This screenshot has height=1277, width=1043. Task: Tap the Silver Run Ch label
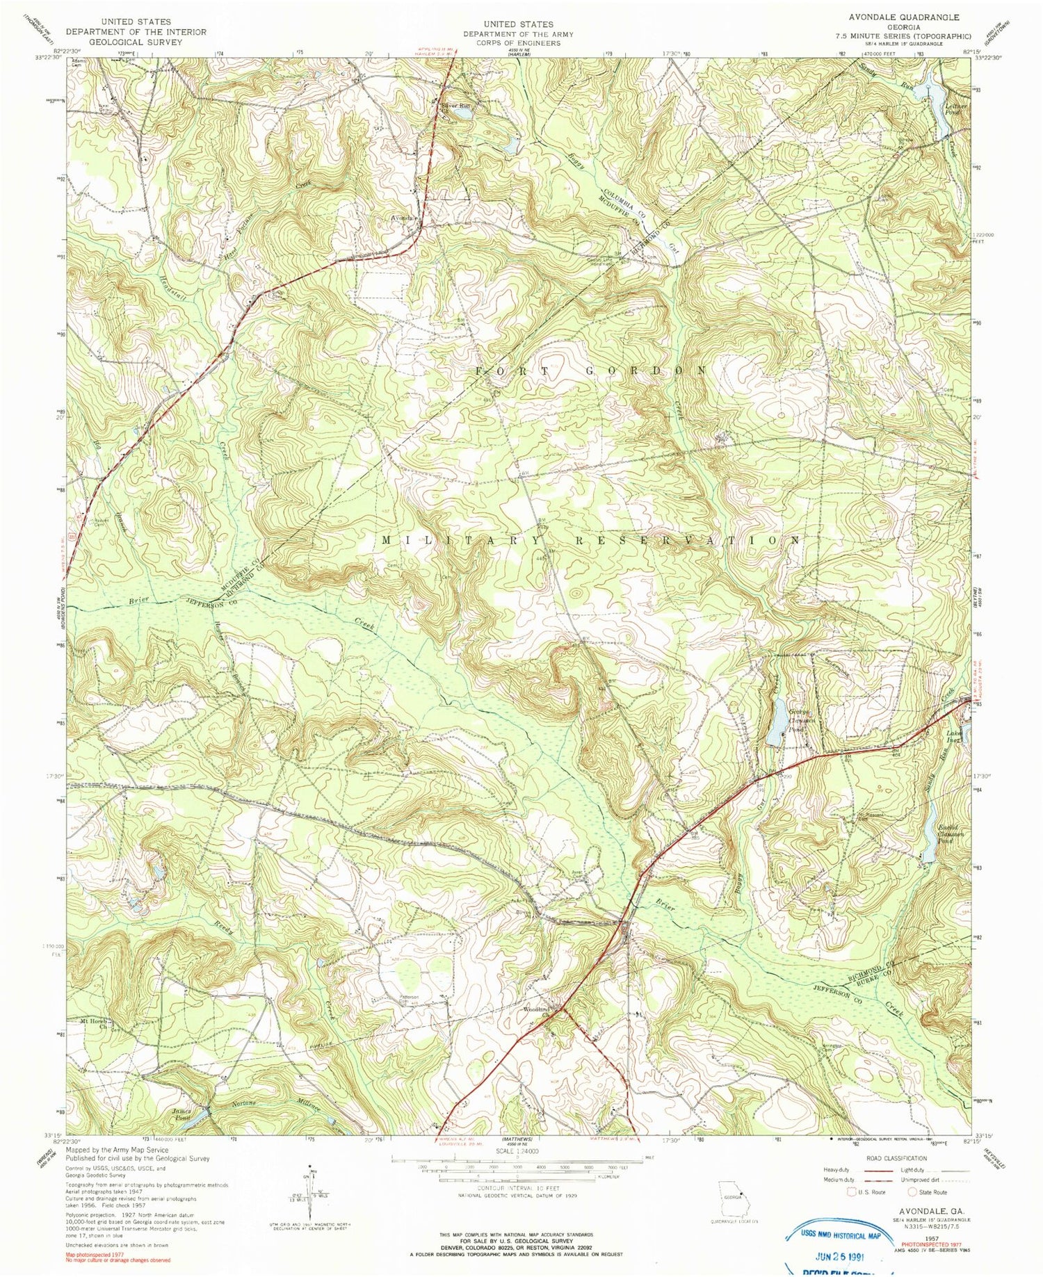(x=457, y=108)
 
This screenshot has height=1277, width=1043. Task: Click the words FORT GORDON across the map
(x=591, y=371)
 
